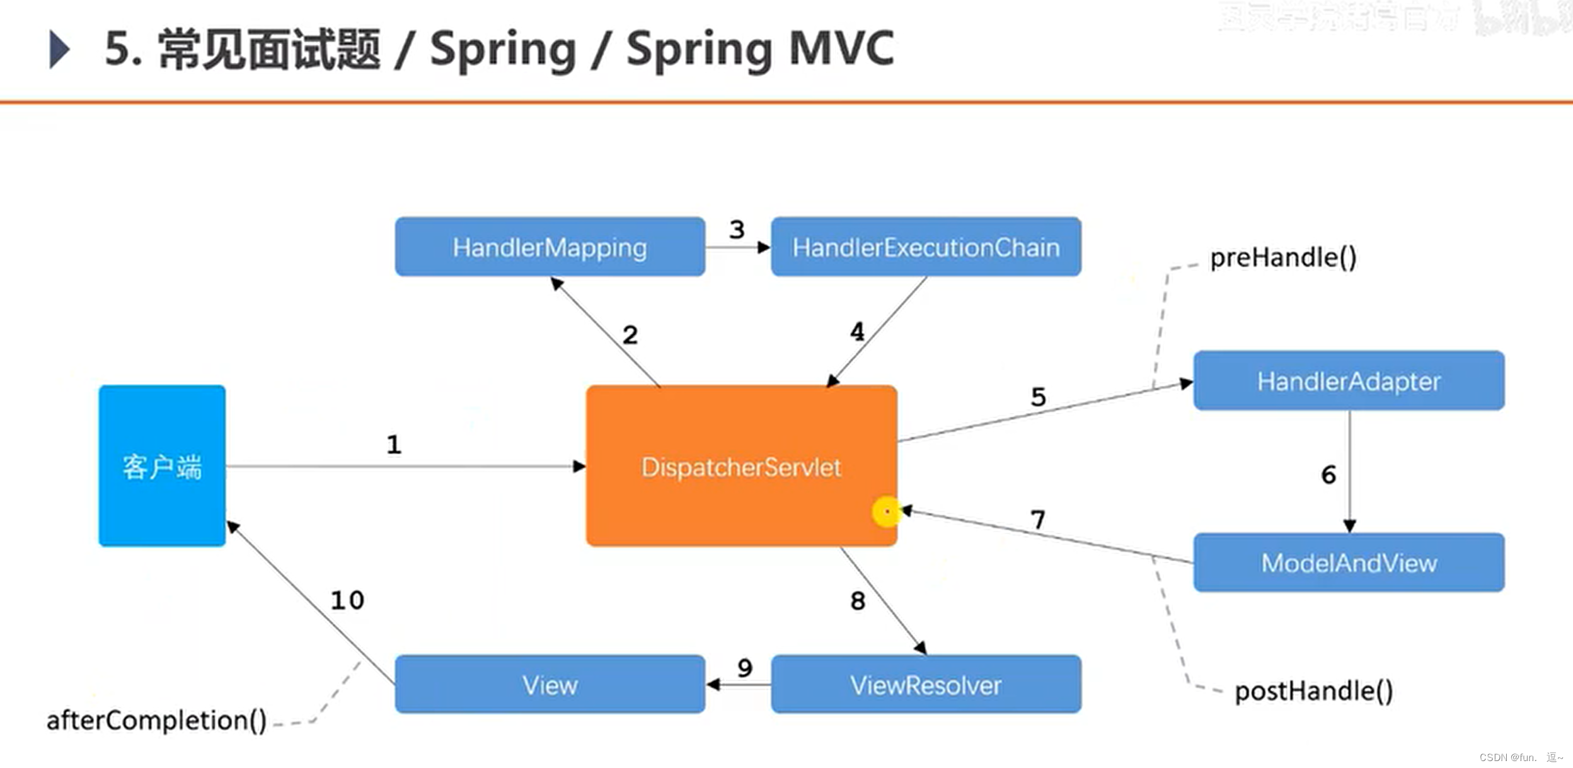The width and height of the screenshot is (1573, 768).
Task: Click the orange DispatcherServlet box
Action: pos(740,467)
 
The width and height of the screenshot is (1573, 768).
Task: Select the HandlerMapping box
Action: pos(550,247)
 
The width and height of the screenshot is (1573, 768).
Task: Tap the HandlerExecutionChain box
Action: pos(926,247)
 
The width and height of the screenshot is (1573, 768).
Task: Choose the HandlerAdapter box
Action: pos(1349,381)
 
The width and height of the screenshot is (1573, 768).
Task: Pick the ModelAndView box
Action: pos(1349,562)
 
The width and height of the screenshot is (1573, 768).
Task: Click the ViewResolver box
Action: pos(926,685)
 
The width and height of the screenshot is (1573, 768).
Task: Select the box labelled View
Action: pos(550,685)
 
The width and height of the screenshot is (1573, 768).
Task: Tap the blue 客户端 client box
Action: pos(162,467)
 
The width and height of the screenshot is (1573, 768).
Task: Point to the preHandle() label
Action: pos(1283,257)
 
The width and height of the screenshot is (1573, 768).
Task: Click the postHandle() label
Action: pos(1313,691)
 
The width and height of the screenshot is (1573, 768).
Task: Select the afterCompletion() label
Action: pos(156,720)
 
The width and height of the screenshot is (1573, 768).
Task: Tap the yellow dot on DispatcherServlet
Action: pos(886,512)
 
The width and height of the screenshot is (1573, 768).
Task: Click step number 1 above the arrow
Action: pos(394,445)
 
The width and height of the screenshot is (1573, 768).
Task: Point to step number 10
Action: pos(347,600)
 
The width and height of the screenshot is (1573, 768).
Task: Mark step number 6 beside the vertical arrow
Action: pos(1328,474)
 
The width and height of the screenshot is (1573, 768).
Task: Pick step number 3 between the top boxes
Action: pos(737,230)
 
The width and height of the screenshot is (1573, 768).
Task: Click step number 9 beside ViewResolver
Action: pos(745,667)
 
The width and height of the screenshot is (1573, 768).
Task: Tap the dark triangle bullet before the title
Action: pos(59,49)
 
